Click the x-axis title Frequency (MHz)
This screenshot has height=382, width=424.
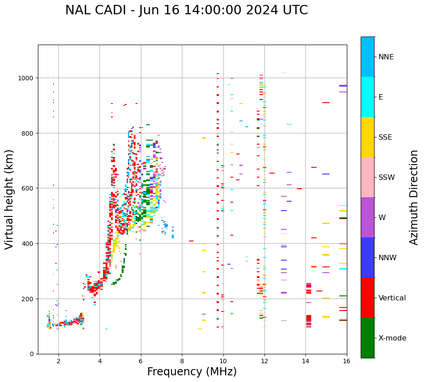[192, 372]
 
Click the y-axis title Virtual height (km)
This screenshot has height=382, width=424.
[10, 199]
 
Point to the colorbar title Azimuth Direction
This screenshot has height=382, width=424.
[414, 197]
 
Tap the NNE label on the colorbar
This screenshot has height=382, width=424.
[386, 57]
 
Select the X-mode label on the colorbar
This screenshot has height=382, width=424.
[392, 338]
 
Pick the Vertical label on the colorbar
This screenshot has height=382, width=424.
[393, 298]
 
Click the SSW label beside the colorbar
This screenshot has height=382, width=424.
[387, 178]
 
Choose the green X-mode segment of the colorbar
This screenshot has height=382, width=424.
[367, 338]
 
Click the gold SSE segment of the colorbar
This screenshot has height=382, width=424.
[367, 137]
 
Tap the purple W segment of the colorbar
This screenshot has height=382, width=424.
[367, 217]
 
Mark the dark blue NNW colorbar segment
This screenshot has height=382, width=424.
[367, 257]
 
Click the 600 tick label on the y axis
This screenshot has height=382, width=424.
[29, 188]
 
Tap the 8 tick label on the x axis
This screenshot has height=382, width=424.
[182, 361]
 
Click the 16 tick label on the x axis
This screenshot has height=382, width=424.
[346, 361]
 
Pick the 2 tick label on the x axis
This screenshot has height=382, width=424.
[58, 361]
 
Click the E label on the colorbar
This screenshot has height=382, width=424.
[381, 97]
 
